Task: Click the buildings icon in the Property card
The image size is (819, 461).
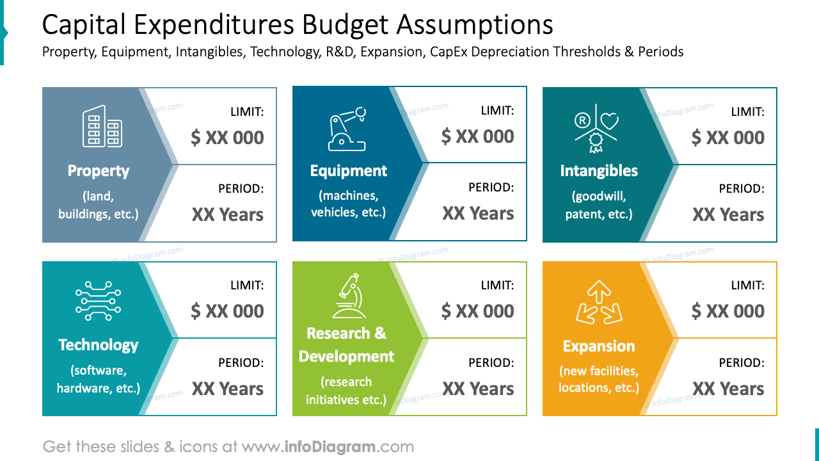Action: pyautogui.click(x=102, y=126)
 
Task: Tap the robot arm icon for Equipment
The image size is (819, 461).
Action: pyautogui.click(x=347, y=129)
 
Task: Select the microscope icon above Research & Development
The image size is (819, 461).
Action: pyautogui.click(x=349, y=296)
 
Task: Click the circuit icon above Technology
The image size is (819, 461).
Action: pyautogui.click(x=98, y=300)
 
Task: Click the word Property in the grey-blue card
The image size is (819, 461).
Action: pyautogui.click(x=99, y=171)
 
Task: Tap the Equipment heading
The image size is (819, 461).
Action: pyautogui.click(x=349, y=171)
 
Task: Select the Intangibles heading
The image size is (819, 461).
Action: pyautogui.click(x=599, y=171)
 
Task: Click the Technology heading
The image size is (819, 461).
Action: pyautogui.click(x=99, y=345)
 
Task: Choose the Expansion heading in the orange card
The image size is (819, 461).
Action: pyautogui.click(x=599, y=346)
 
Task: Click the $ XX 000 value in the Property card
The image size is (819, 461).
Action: pyautogui.click(x=227, y=138)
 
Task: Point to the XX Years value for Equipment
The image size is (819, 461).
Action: pyautogui.click(x=478, y=214)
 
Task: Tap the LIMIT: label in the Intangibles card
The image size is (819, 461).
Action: pyautogui.click(x=747, y=112)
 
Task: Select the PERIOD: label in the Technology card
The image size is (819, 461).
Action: pyautogui.click(x=241, y=363)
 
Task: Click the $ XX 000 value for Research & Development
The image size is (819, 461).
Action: pyautogui.click(x=478, y=311)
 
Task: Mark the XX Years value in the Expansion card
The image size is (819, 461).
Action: pyautogui.click(x=728, y=389)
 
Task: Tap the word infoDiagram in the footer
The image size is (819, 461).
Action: pyautogui.click(x=330, y=447)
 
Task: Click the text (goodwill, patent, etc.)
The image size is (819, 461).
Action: pyautogui.click(x=599, y=206)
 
